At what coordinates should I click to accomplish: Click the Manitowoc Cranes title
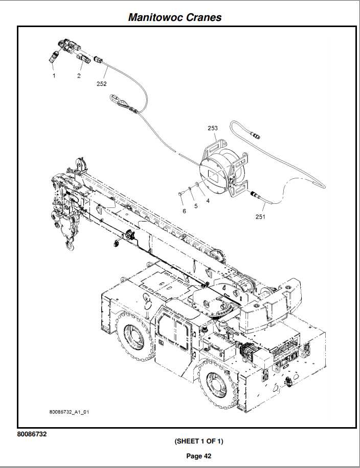point(175,17)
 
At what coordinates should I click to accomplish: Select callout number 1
point(54,76)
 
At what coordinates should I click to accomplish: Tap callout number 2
point(79,76)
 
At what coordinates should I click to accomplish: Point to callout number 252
point(102,84)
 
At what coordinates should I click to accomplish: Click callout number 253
point(213,128)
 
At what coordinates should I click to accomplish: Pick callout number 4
point(208,201)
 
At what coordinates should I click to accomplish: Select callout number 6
point(184,210)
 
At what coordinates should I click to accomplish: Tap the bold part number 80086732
point(34,434)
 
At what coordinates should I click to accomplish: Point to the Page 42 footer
point(199,456)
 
